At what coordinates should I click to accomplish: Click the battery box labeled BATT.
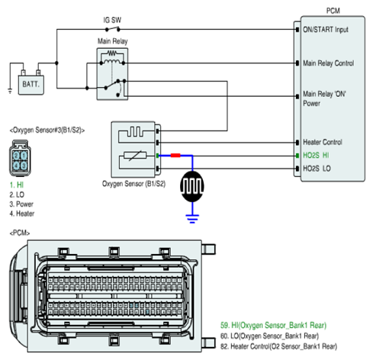[x=31, y=85]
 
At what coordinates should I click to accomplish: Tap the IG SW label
[x=112, y=20]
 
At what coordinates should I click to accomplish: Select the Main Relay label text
[x=113, y=41]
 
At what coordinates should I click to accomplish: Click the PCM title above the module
[x=333, y=11]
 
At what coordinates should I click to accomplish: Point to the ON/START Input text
[x=326, y=30]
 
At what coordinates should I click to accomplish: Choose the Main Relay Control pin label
[x=328, y=63]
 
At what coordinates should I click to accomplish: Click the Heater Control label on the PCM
[x=323, y=142]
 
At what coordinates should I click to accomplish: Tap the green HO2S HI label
[x=316, y=156]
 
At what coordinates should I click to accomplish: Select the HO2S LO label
[x=317, y=169]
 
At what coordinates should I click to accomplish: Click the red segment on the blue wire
[x=175, y=156]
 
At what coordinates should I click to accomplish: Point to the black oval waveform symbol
[x=192, y=186]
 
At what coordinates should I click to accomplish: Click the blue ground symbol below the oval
[x=192, y=219]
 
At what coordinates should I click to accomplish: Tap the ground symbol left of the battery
[x=10, y=91]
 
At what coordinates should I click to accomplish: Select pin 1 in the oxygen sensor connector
[x=24, y=155]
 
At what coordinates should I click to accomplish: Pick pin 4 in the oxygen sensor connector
[x=16, y=166]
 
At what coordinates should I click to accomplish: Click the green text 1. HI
[x=17, y=185]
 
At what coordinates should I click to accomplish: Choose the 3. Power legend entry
[x=21, y=204]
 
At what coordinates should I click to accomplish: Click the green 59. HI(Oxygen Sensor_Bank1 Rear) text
[x=273, y=326]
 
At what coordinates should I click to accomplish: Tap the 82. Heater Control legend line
[x=278, y=346]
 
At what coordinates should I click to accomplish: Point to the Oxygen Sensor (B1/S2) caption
[x=133, y=184]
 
